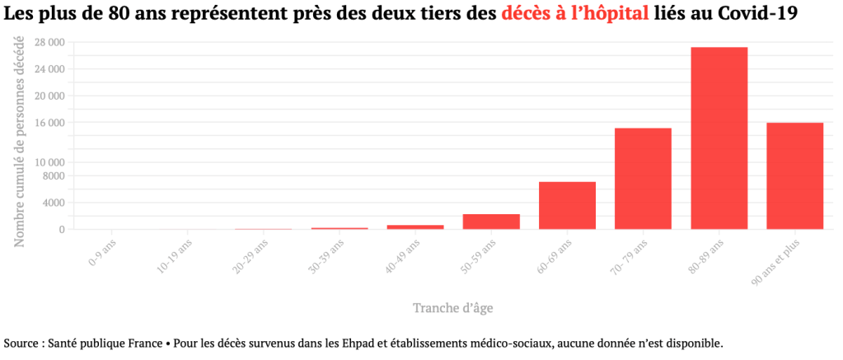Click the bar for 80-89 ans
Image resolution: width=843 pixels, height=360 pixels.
click(719, 138)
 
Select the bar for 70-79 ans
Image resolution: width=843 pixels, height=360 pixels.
click(643, 179)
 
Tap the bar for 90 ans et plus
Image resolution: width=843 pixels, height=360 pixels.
click(794, 175)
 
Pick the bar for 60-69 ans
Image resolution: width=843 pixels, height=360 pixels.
click(567, 205)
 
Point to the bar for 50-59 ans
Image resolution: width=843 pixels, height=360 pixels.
click(491, 222)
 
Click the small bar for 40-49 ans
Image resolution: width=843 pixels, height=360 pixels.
click(415, 227)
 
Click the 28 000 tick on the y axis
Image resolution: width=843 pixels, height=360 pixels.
click(49, 42)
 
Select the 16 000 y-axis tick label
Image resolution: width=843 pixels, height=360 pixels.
click(49, 123)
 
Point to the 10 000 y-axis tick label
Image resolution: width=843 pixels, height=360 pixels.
click(49, 162)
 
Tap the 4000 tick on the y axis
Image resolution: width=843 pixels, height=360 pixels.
click(53, 203)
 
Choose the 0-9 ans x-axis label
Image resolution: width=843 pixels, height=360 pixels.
click(103, 252)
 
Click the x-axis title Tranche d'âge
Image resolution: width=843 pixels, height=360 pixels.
click(453, 308)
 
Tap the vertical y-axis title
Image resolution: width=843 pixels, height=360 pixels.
click(20, 140)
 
